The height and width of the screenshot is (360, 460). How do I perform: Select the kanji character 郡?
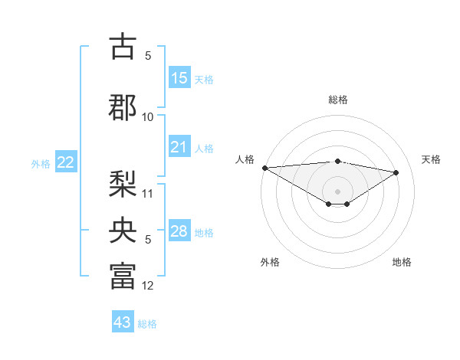point(123,106)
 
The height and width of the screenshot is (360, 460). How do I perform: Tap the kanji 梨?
point(123,183)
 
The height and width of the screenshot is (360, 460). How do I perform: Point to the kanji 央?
point(123,230)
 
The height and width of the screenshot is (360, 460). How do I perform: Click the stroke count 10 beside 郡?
point(148,116)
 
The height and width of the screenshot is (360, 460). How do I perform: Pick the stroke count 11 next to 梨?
point(148,193)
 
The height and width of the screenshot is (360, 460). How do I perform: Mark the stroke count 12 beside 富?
point(148,286)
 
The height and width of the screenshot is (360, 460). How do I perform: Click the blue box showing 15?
point(179,77)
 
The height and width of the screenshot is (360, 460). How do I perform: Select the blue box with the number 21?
point(179,147)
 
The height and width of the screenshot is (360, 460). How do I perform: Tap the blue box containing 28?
point(179,231)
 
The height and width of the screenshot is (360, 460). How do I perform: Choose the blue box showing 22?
point(66,162)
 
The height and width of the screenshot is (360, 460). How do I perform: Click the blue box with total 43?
point(123,322)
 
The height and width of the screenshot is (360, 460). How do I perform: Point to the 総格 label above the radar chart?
point(338,100)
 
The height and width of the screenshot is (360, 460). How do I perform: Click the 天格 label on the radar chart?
point(432,159)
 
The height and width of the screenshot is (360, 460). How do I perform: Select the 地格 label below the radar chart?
point(402,262)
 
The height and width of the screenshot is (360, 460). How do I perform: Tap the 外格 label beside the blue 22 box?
point(41,163)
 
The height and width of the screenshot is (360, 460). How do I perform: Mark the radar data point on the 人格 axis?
point(264,168)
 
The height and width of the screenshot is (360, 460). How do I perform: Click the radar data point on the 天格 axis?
point(396,172)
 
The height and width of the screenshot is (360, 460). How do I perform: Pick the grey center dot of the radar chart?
point(337,191)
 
